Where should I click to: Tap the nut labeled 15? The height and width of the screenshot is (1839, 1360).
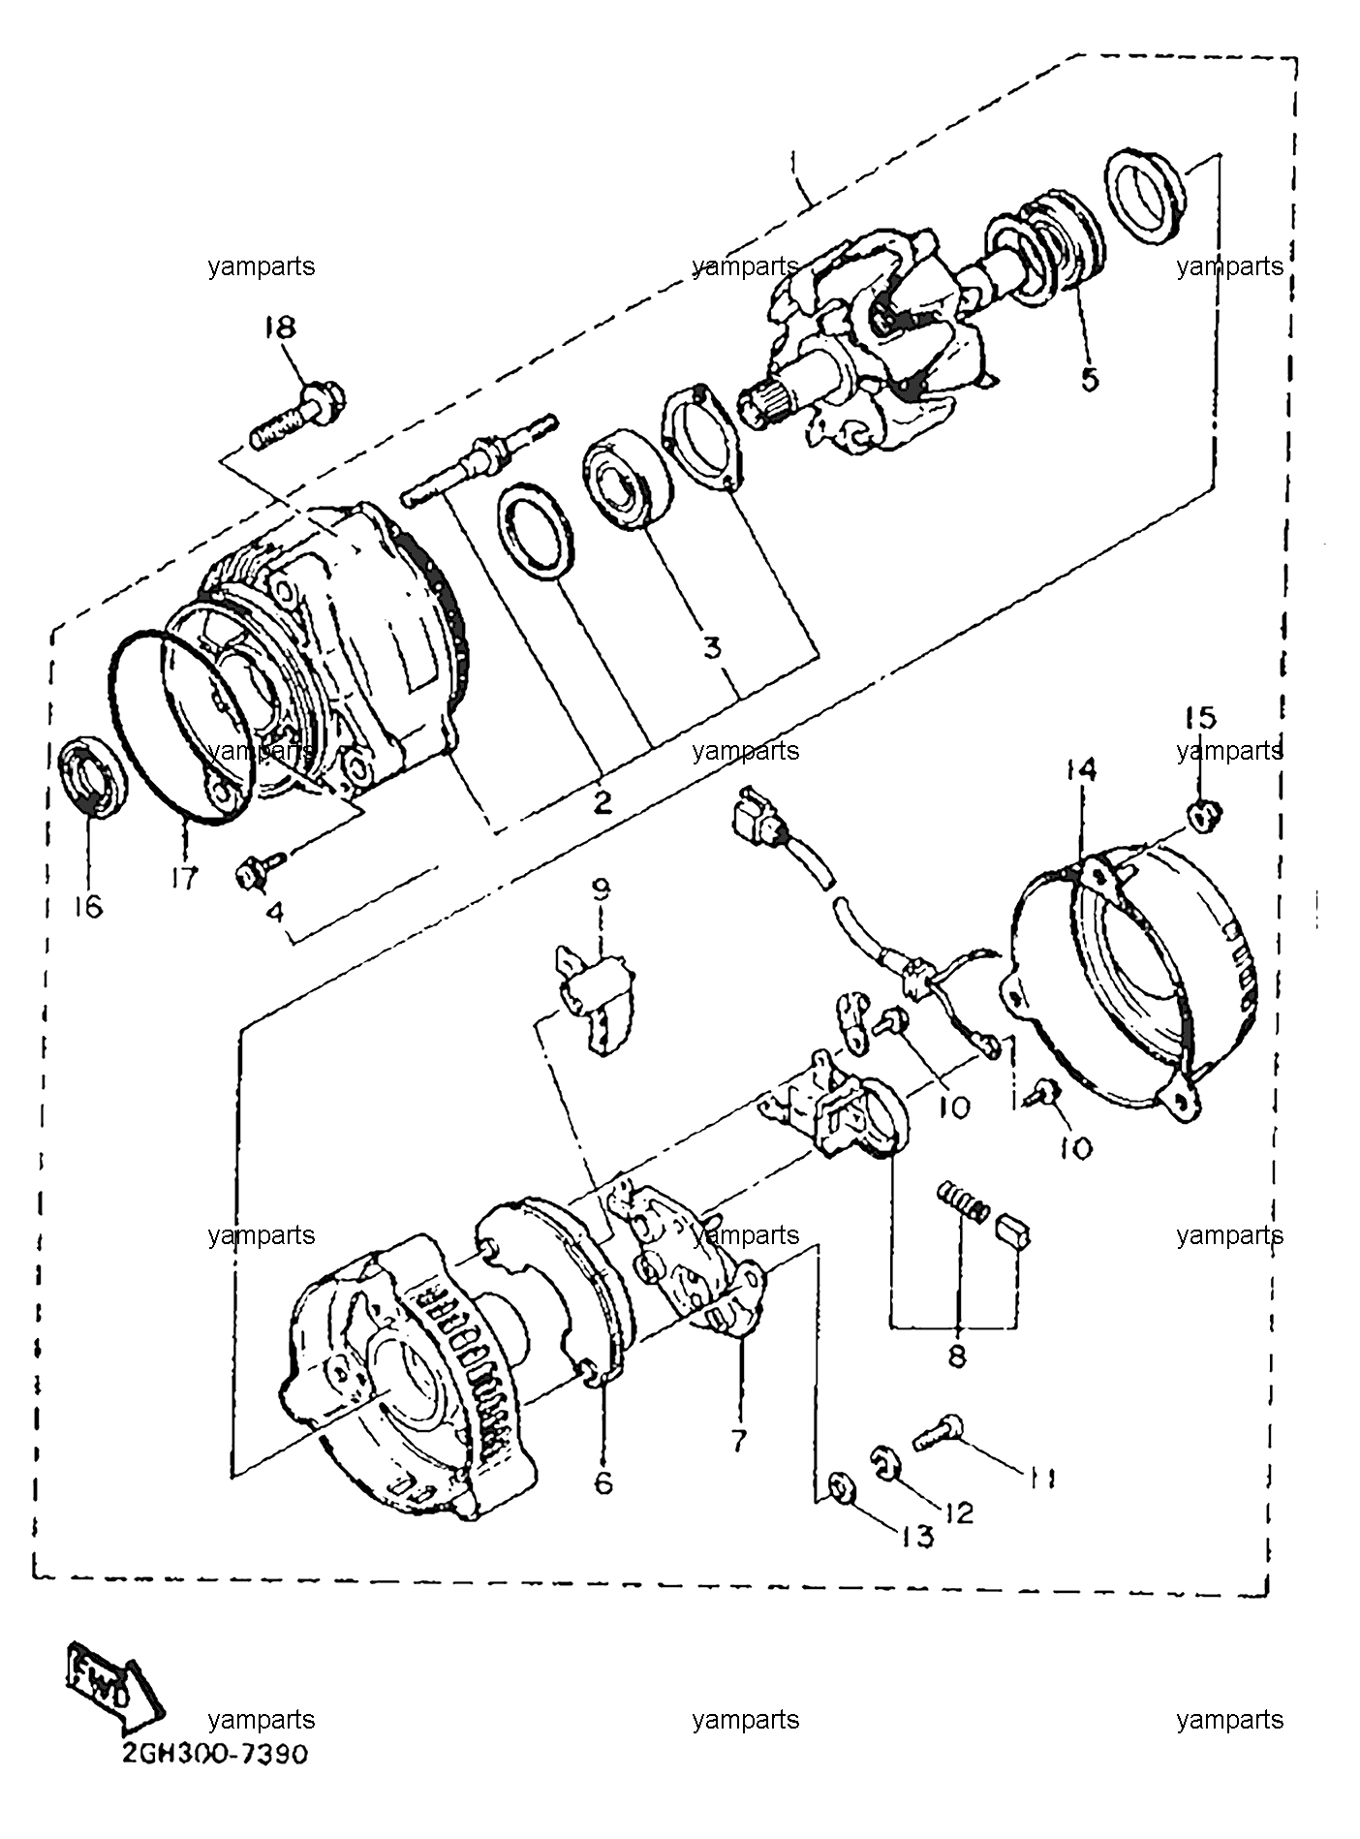[x=1204, y=817]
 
